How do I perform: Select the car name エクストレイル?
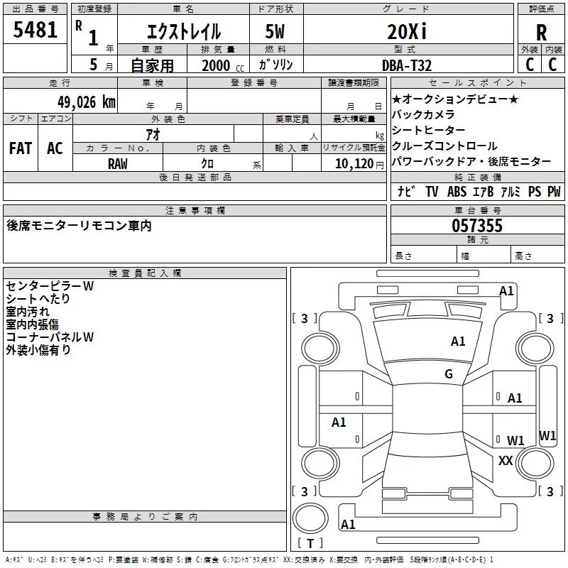coord(183,32)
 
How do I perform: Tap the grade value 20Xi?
coord(407,31)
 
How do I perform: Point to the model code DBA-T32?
coord(407,64)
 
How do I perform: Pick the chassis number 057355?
coord(477,226)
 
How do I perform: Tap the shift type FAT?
coord(21,148)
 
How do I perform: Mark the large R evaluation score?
coord(542,32)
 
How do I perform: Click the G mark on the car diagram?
coord(449,374)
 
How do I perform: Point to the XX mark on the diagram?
coord(506,461)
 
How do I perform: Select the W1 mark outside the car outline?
coord(547,435)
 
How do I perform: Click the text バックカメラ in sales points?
coord(423,114)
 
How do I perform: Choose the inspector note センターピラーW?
coord(50,286)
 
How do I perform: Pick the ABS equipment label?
coord(457,192)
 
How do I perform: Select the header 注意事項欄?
coord(195,211)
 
